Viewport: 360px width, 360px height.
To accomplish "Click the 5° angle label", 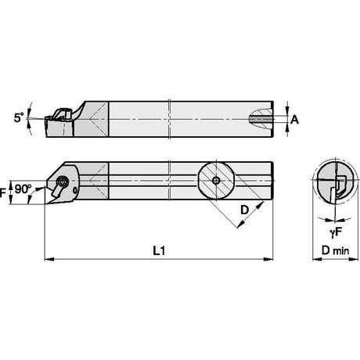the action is [x=19, y=117].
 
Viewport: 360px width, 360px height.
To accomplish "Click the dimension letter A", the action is [x=294, y=120].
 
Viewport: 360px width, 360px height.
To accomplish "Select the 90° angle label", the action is [x=23, y=189].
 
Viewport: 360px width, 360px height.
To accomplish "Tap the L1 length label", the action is [x=159, y=251].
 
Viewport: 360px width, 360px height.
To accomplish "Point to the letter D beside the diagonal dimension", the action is [x=244, y=210].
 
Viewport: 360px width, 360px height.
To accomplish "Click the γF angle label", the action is [x=336, y=232].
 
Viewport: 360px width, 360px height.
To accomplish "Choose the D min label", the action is [x=335, y=250].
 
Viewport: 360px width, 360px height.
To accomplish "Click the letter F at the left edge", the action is [x=2, y=193].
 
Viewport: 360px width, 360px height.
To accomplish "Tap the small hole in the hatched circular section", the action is [x=216, y=180].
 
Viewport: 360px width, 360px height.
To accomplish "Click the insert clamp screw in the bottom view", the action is [x=63, y=182].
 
